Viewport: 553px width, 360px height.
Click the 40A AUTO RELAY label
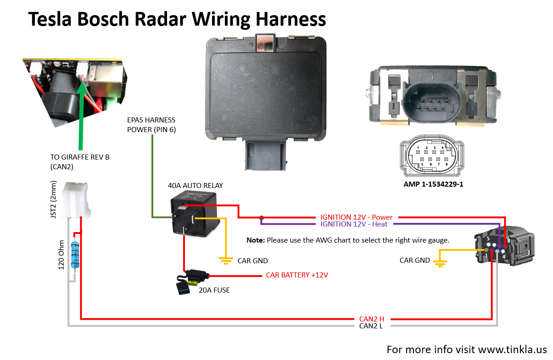pyautogui.click(x=196, y=186)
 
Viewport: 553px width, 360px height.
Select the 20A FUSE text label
pyautogui.click(x=214, y=290)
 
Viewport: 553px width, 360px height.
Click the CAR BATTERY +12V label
pyautogui.click(x=297, y=275)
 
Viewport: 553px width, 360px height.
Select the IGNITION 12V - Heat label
pyautogui.click(x=354, y=224)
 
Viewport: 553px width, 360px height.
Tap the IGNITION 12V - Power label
pyautogui.click(x=359, y=217)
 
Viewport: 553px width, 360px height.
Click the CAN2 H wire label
pyautogui.click(x=371, y=319)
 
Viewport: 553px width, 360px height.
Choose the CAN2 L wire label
pyautogui.click(x=371, y=326)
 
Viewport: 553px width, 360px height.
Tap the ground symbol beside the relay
pyautogui.click(x=225, y=260)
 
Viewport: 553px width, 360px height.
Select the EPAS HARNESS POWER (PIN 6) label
pyautogui.click(x=151, y=125)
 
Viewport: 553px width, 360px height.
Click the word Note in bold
pyautogui.click(x=255, y=240)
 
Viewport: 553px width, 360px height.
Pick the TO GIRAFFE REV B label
pyautogui.click(x=80, y=161)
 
